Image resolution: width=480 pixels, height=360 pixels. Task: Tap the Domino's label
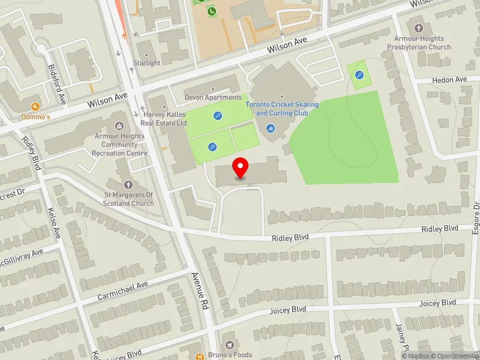click(35, 116)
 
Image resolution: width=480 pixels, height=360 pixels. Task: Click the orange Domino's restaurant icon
click(35, 106)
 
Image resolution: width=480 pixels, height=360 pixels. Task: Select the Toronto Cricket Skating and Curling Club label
click(282, 109)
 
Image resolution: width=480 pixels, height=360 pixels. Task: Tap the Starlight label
click(146, 63)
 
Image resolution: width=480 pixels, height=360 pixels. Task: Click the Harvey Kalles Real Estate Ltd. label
click(164, 118)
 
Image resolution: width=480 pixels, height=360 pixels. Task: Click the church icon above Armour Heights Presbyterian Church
click(419, 28)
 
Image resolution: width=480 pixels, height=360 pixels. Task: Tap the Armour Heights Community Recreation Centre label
click(119, 145)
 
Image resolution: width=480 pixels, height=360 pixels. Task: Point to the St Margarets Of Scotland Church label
click(128, 199)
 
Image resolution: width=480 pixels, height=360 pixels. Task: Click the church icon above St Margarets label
click(128, 185)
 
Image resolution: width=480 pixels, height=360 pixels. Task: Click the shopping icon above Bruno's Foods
click(229, 345)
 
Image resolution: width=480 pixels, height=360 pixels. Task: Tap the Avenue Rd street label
click(199, 291)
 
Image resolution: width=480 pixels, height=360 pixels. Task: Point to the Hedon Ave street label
click(449, 80)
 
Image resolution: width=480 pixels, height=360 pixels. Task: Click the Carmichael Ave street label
click(122, 292)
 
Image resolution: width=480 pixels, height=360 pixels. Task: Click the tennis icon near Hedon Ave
click(359, 75)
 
